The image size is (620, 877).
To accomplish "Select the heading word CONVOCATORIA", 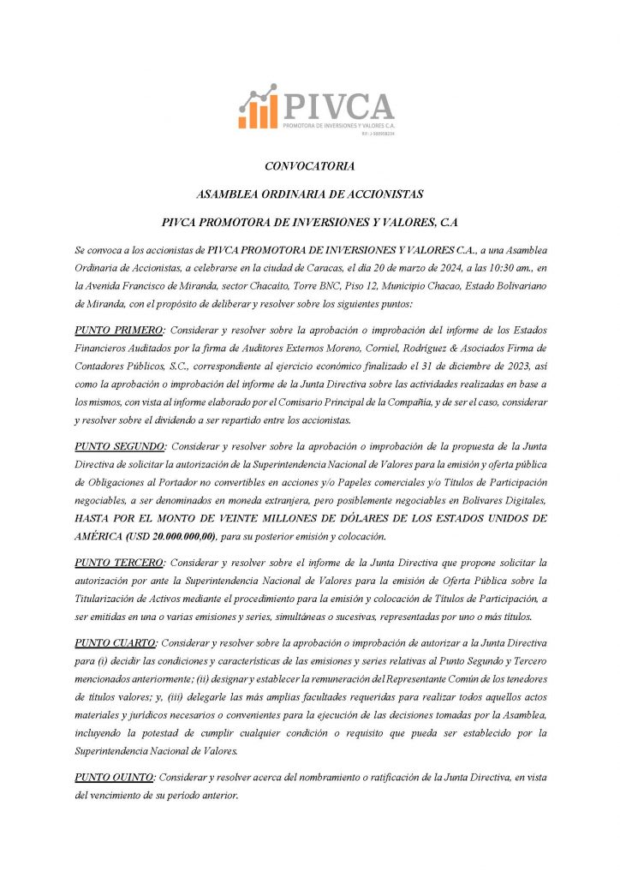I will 309,166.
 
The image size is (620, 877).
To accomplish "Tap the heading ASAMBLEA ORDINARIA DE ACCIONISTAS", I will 309,194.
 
